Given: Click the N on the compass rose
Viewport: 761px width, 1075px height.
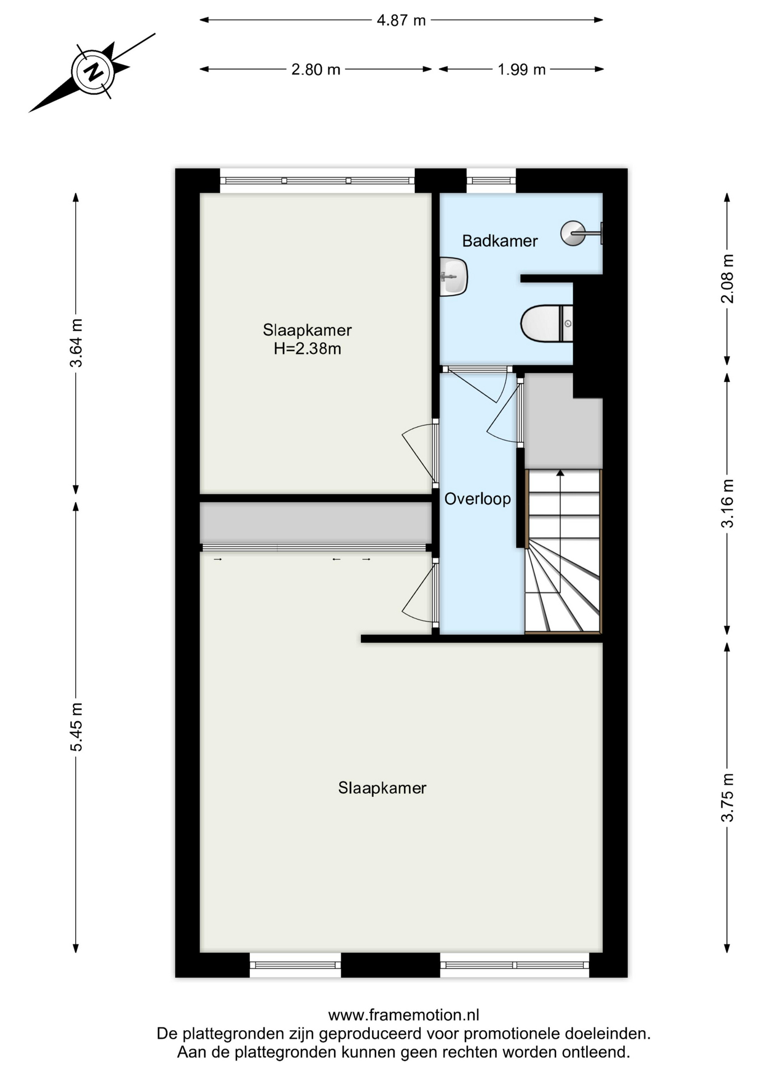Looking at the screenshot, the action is [93, 72].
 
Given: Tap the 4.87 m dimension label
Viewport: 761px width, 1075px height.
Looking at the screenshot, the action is [401, 21].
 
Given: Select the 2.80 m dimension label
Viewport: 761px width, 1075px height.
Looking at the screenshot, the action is [315, 69].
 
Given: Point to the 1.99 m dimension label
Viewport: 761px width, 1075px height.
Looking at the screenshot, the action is [522, 69].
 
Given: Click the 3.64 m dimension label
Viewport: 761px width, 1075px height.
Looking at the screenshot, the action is [76, 343].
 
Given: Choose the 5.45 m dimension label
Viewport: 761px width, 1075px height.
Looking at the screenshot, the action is [76, 727].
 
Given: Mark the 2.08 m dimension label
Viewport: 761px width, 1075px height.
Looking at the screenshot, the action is [727, 279].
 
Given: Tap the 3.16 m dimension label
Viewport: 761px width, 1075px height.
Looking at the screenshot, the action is [727, 503].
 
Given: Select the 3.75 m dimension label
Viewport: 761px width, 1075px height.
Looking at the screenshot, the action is [727, 797].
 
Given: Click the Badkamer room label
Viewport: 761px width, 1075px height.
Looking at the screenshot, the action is [500, 241].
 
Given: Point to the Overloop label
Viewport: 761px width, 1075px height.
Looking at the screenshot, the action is [477, 499].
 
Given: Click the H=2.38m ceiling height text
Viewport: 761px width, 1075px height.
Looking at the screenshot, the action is [307, 349].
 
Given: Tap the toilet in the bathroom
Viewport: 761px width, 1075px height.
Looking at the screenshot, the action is [546, 323].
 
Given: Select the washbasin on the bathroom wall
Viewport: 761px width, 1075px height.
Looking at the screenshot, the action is [453, 277].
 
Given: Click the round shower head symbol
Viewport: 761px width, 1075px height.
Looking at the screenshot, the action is [573, 233].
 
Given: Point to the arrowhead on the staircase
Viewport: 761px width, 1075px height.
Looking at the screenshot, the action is [560, 473].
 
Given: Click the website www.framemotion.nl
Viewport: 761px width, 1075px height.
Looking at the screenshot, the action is [403, 1015].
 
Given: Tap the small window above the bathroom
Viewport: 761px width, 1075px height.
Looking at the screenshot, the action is [491, 180].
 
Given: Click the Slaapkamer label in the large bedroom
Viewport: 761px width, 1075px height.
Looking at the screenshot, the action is [382, 788].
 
